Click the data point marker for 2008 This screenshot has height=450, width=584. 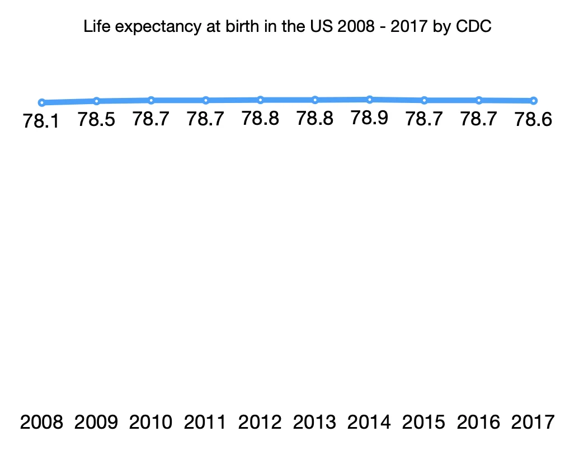(41, 102)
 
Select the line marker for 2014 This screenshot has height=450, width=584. (370, 100)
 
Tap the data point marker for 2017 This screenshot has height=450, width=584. (534, 101)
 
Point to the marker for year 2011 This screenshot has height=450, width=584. (206, 100)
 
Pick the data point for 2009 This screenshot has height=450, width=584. (96, 101)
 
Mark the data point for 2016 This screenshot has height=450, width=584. (479, 100)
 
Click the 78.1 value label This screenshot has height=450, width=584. (41, 121)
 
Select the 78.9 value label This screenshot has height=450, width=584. (370, 118)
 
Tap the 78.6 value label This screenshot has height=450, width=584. (534, 119)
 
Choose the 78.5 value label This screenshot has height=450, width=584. (96, 119)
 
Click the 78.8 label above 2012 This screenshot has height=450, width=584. (260, 119)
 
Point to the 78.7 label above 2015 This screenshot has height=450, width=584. (424, 119)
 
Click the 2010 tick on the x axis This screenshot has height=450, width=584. (151, 422)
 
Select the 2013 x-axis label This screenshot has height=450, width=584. (315, 422)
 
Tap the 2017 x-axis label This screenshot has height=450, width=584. (534, 422)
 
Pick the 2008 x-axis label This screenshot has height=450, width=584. (41, 422)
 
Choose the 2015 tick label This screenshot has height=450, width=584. (424, 422)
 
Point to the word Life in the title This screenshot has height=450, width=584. (94, 26)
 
